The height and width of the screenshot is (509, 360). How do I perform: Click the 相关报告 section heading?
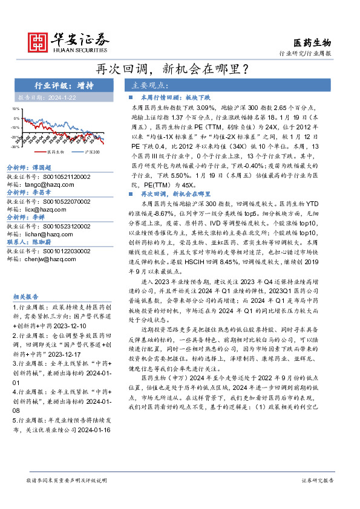[x=25, y=297]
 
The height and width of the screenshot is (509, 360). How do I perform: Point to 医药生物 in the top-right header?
[x=312, y=42]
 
